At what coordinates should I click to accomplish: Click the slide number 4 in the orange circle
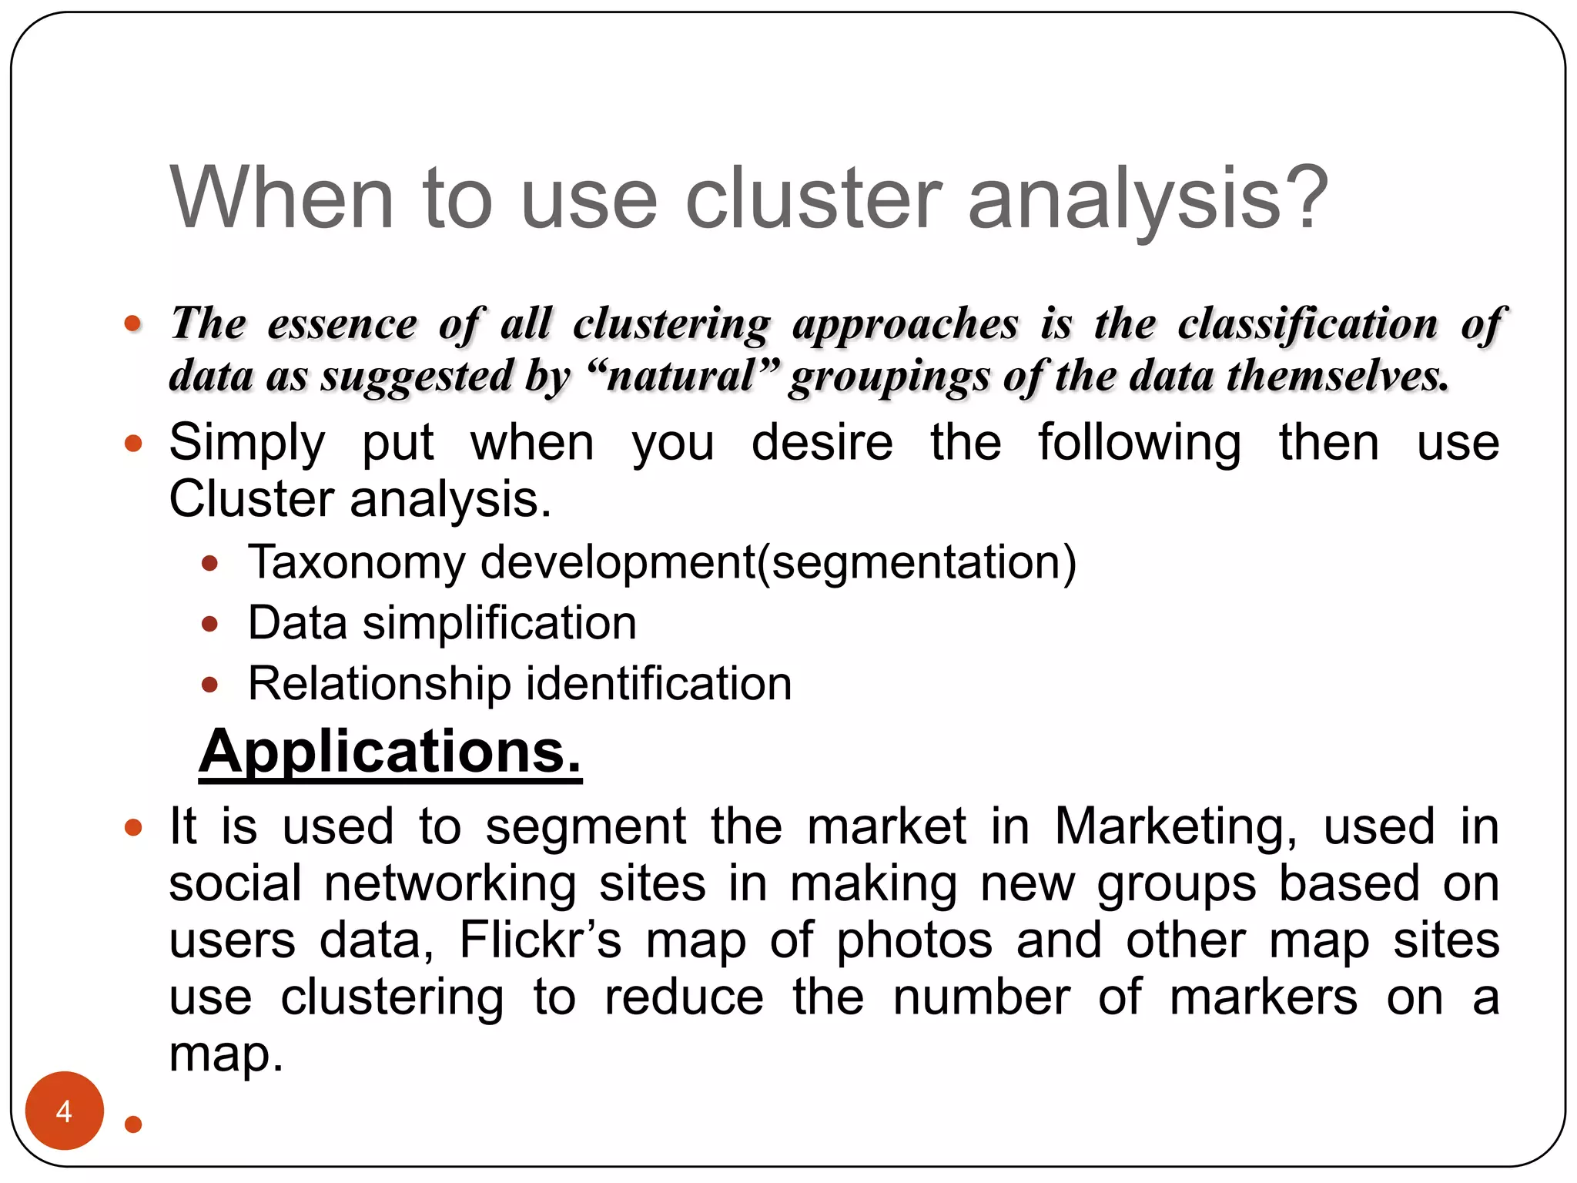pyautogui.click(x=64, y=1111)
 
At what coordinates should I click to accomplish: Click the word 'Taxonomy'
pyautogui.click(x=357, y=563)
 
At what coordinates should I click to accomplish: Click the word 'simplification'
pyautogui.click(x=500, y=623)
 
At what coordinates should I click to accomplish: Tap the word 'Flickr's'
pyautogui.click(x=540, y=940)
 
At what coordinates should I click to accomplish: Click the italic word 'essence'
pyautogui.click(x=342, y=323)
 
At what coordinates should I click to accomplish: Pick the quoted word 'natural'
pyautogui.click(x=681, y=376)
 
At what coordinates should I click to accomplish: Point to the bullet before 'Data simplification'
pyautogui.click(x=209, y=624)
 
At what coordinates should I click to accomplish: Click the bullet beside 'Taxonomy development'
pyautogui.click(x=209, y=564)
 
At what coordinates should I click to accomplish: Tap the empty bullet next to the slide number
pyautogui.click(x=133, y=1124)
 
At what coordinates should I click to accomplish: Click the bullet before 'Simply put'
pyautogui.click(x=133, y=444)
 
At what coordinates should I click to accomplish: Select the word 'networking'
pyautogui.click(x=450, y=883)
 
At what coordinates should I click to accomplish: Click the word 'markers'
pyautogui.click(x=1264, y=997)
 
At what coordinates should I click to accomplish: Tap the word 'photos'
pyautogui.click(x=915, y=940)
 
